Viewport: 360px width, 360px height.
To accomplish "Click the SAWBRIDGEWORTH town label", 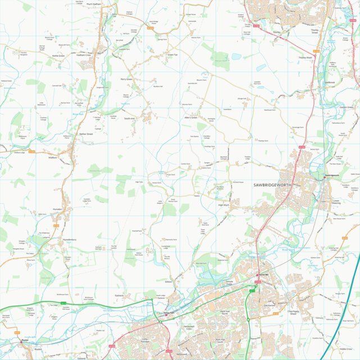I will tap(272, 185).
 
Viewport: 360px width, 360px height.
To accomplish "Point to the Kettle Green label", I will tap(58, 56).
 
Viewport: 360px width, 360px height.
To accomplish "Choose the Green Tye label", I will tap(172, 55).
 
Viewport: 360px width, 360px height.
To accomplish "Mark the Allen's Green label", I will tap(192, 117).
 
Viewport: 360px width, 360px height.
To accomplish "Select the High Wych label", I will tap(225, 205).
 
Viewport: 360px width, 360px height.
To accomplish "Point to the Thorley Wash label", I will tap(306, 57).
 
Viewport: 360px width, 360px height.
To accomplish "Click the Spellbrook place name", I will tap(329, 83).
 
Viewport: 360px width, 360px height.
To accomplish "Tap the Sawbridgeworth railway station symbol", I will tap(325, 179).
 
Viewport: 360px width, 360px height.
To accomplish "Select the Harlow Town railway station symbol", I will tap(166, 315).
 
